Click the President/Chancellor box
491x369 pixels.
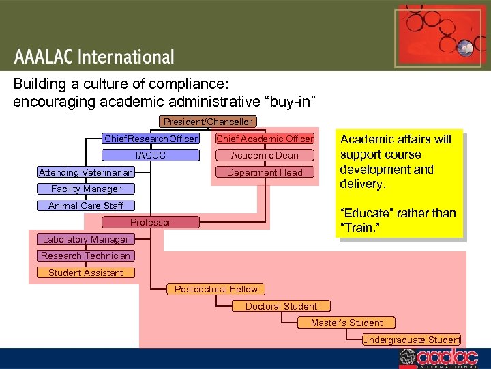tap(207, 122)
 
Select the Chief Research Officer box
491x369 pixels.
tap(151, 139)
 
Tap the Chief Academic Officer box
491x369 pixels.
tap(265, 139)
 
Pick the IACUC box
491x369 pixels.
tap(151, 155)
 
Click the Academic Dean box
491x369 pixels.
tap(265, 155)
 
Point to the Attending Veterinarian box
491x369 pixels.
tap(85, 172)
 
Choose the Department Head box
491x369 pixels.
tap(265, 172)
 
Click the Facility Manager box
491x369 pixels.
tap(86, 189)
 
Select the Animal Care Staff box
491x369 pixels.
tap(86, 206)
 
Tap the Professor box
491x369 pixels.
tap(151, 222)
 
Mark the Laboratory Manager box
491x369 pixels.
tap(85, 239)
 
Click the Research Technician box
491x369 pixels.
tap(85, 256)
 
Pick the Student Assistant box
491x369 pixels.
tap(85, 273)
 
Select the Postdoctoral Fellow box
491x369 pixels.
tap(216, 289)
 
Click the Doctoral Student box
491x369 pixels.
tap(281, 306)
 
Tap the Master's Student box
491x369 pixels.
tap(346, 323)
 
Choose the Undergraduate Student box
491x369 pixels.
tap(412, 340)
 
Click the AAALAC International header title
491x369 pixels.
tap(93, 57)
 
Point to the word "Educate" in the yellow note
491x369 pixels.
tap(364, 213)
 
